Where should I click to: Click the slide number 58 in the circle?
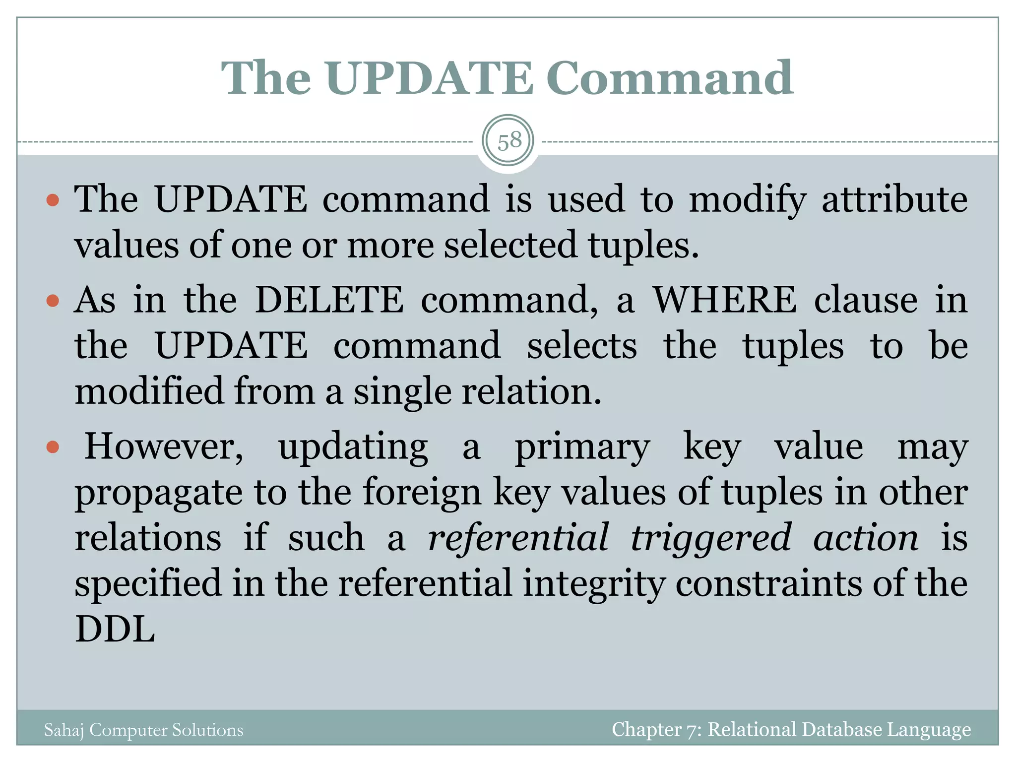(x=509, y=141)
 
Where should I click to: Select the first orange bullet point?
(x=53, y=200)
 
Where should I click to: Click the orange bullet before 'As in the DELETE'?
(x=53, y=301)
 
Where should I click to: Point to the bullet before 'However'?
(x=53, y=447)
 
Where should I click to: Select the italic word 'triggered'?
(x=710, y=537)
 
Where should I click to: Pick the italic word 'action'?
(x=865, y=538)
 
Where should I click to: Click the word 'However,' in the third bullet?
(x=164, y=446)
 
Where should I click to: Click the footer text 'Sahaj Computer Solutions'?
(x=144, y=730)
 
